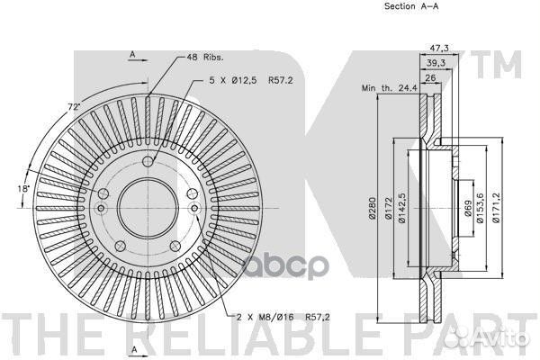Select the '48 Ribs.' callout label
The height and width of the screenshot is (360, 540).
pos(204,56)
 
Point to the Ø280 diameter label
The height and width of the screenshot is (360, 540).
pos(371,209)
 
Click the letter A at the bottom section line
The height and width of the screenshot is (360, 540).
pos(131,347)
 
